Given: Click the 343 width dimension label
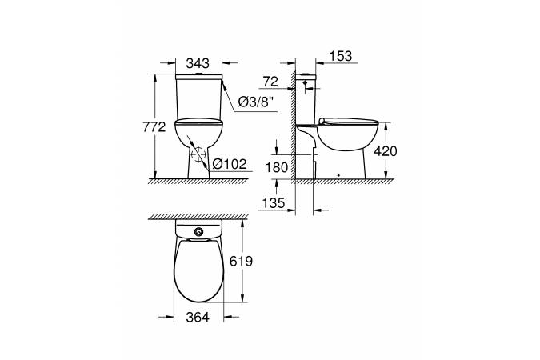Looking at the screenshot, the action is pos(198,63).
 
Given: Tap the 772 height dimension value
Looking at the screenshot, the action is pos(154,127).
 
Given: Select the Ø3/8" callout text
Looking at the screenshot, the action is pos(257,102).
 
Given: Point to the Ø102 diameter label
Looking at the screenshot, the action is pos(230,164).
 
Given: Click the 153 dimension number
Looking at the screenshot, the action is pos(341,56).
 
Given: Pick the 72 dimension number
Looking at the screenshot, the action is pos(270,82).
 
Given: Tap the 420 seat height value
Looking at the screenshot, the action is pos(386,151).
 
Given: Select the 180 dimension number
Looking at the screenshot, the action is pos(277,167).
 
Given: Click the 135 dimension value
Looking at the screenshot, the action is pos(274,203).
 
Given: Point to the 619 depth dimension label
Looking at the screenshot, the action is pos(241,261).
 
